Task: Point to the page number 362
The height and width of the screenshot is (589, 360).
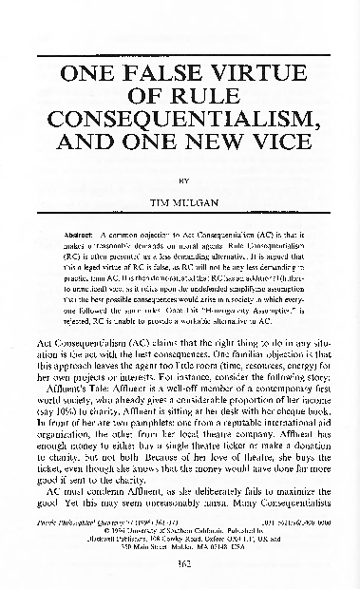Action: point(180,567)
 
